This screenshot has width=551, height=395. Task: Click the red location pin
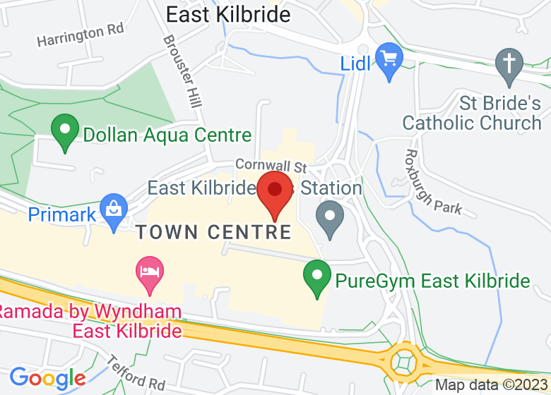pos(275,192)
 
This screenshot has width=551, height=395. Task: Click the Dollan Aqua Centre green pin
pos(65,131)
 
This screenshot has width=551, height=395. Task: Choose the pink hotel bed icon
pos(149,273)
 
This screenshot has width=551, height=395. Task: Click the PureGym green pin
pos(317,277)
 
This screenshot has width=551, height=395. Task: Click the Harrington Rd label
pos(80,35)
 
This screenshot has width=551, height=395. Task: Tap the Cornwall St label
pos(271,166)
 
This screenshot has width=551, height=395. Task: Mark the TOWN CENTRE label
pos(214,232)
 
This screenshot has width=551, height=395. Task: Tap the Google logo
pos(47,379)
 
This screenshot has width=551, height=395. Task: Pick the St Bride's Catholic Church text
pos(471,113)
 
